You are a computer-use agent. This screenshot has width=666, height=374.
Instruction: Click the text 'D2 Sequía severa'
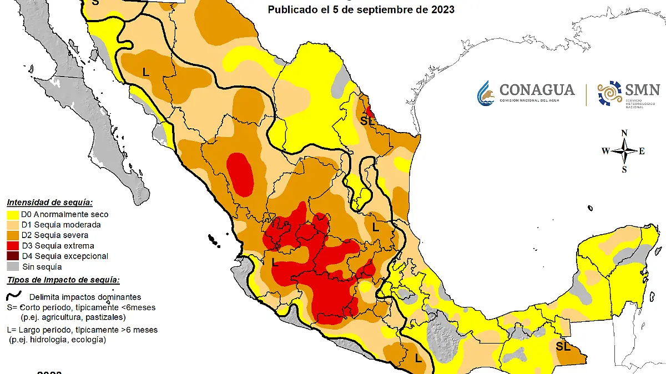coord(54,235)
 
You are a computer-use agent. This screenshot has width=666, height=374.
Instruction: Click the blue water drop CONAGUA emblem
coord(486,93)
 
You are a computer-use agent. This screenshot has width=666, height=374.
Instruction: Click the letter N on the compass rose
coord(624,133)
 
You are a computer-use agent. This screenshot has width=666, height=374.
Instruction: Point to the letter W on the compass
coord(606,151)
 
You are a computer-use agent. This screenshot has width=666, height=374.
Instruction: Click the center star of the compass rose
coord(625,151)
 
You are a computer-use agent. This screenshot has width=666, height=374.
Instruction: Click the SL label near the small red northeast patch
coord(367,120)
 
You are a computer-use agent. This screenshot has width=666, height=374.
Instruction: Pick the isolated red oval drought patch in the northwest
coord(241,173)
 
